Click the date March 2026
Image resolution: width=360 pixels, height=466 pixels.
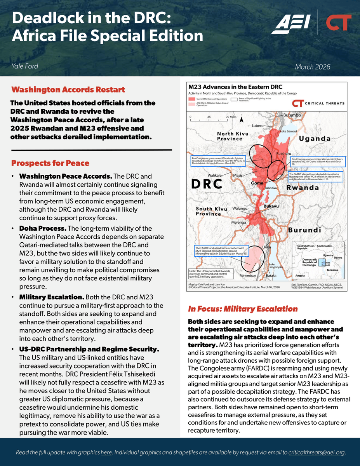(x=313, y=67)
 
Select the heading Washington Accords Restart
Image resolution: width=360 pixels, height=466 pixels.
(x=68, y=90)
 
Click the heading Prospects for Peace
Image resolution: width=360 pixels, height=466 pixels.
(x=50, y=163)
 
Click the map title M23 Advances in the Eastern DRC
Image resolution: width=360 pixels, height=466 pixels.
(x=235, y=87)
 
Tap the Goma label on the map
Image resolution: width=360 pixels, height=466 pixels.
(x=257, y=183)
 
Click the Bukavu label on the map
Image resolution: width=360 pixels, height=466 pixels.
(x=271, y=206)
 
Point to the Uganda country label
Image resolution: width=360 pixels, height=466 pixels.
(x=315, y=139)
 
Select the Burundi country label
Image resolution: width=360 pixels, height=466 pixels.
(x=304, y=230)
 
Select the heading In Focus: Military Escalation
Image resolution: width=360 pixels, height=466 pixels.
(x=243, y=309)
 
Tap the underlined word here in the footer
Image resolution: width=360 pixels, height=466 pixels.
(x=106, y=452)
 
